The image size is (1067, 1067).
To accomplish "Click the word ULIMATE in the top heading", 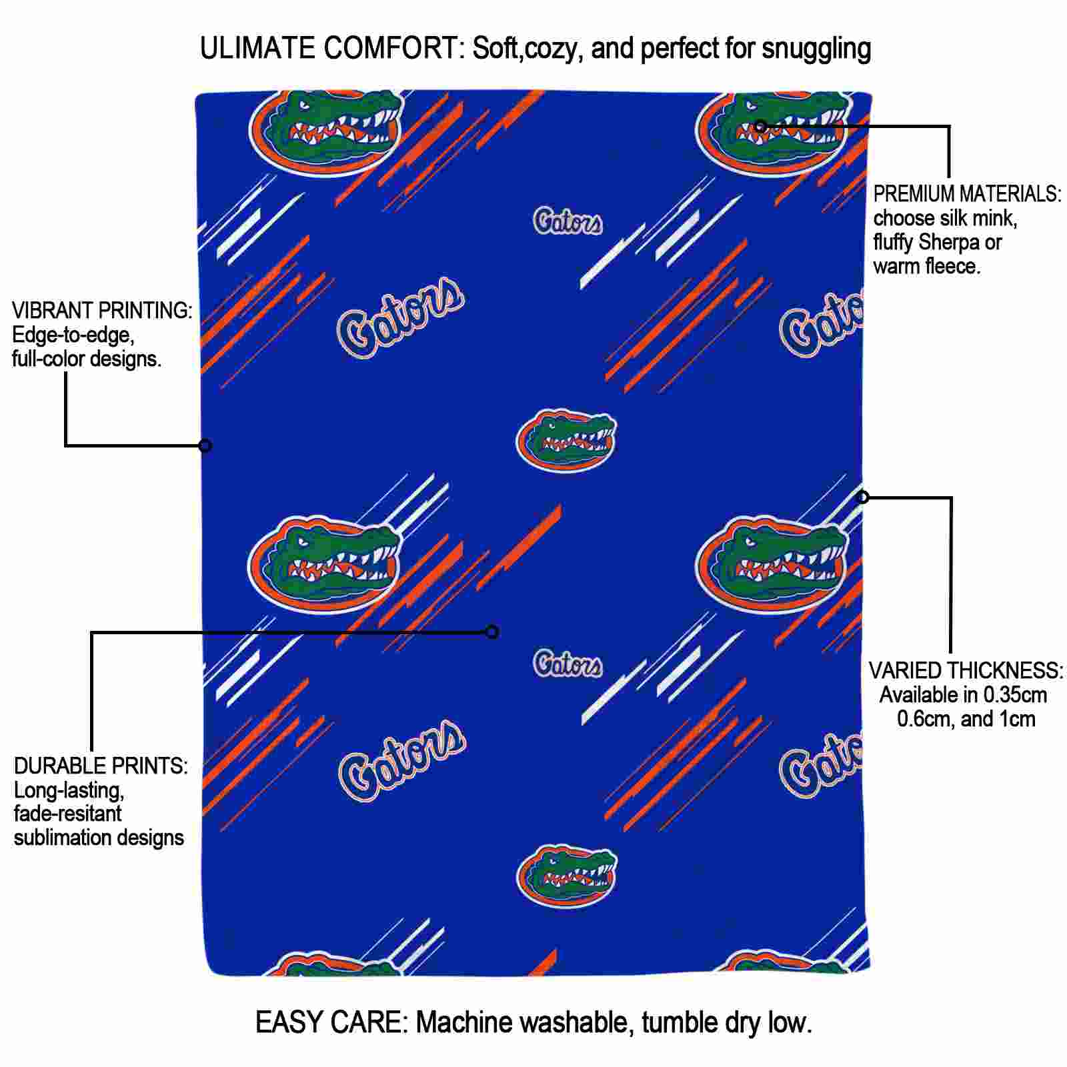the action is coord(257,48).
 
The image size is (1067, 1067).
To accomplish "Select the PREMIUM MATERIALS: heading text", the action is coord(968,194).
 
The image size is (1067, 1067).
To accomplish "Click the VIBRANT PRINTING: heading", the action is coord(102,310).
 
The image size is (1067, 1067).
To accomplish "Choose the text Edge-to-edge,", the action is coord(73,335).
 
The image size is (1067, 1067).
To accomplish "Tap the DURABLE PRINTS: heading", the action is coord(101,766).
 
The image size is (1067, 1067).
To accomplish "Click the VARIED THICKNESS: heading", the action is coord(966,670).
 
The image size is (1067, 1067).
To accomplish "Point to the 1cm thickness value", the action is coord(1017,719).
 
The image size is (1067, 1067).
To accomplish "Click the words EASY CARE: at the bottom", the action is coord(331,1022).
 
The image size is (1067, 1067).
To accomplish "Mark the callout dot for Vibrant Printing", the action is coord(205,445).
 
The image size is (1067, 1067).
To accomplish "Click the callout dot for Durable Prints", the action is coord(492,632).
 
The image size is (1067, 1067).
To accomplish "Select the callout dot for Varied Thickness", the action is coord(863,497).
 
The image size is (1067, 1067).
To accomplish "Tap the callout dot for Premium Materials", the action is coord(760,125).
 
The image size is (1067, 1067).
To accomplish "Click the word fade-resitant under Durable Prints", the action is coord(68,814).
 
